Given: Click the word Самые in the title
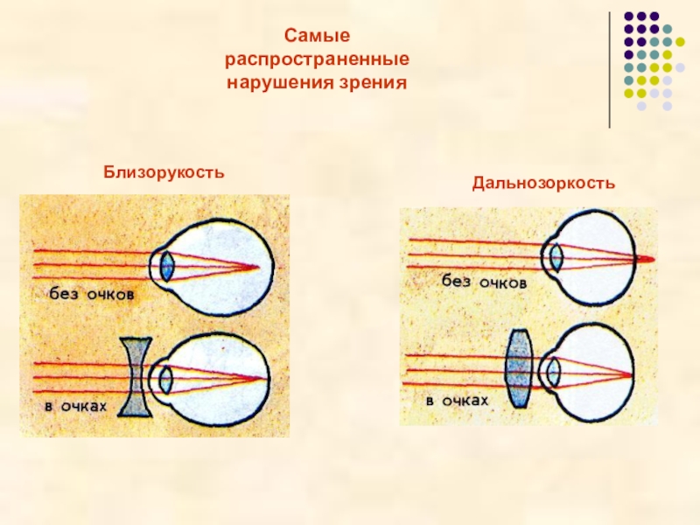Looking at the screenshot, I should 318,37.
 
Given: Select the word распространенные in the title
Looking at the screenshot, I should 318,60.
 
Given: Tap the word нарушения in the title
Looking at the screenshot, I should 277,84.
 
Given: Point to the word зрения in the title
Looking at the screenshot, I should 368,84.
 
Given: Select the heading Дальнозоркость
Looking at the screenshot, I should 544,184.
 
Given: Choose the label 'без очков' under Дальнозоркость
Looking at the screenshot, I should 483,282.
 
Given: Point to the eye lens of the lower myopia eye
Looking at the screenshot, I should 165,379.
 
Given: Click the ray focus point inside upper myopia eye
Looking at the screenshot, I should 255,266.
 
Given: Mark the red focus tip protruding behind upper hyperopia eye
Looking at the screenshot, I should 647,259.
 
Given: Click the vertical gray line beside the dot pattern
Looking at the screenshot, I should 610,70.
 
